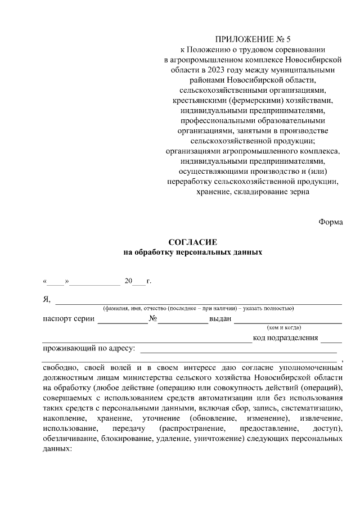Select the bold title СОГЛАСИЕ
tap(192, 242)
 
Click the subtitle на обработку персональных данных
tap(193, 252)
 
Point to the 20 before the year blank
tap(128, 280)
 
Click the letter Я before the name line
tap(47, 299)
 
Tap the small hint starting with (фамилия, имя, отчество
tap(197, 309)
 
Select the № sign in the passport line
tap(153, 319)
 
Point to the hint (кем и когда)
tap(284, 327)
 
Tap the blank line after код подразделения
tap(331, 339)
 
